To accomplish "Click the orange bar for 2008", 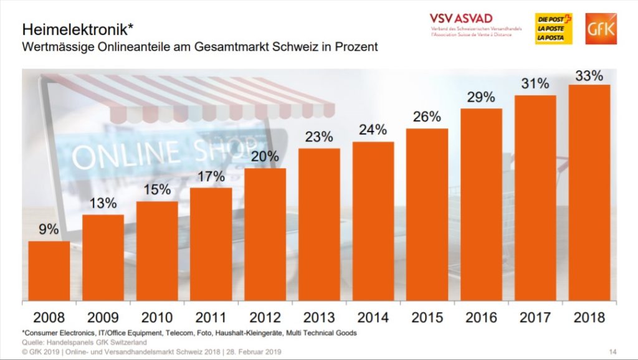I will click(49, 270).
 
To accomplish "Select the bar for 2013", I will click(319, 224).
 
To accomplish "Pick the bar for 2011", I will click(211, 244).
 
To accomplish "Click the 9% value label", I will click(49, 229).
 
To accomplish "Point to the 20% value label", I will click(265, 156).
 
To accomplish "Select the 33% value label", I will click(589, 76).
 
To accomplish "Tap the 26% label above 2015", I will click(427, 116).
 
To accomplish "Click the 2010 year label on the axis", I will click(156, 316).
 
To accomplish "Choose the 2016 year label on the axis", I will click(480, 316).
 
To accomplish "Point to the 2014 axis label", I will click(373, 316).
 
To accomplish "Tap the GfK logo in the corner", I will click(601, 29).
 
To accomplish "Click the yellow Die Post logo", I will click(553, 29).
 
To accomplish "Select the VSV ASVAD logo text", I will click(460, 18).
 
